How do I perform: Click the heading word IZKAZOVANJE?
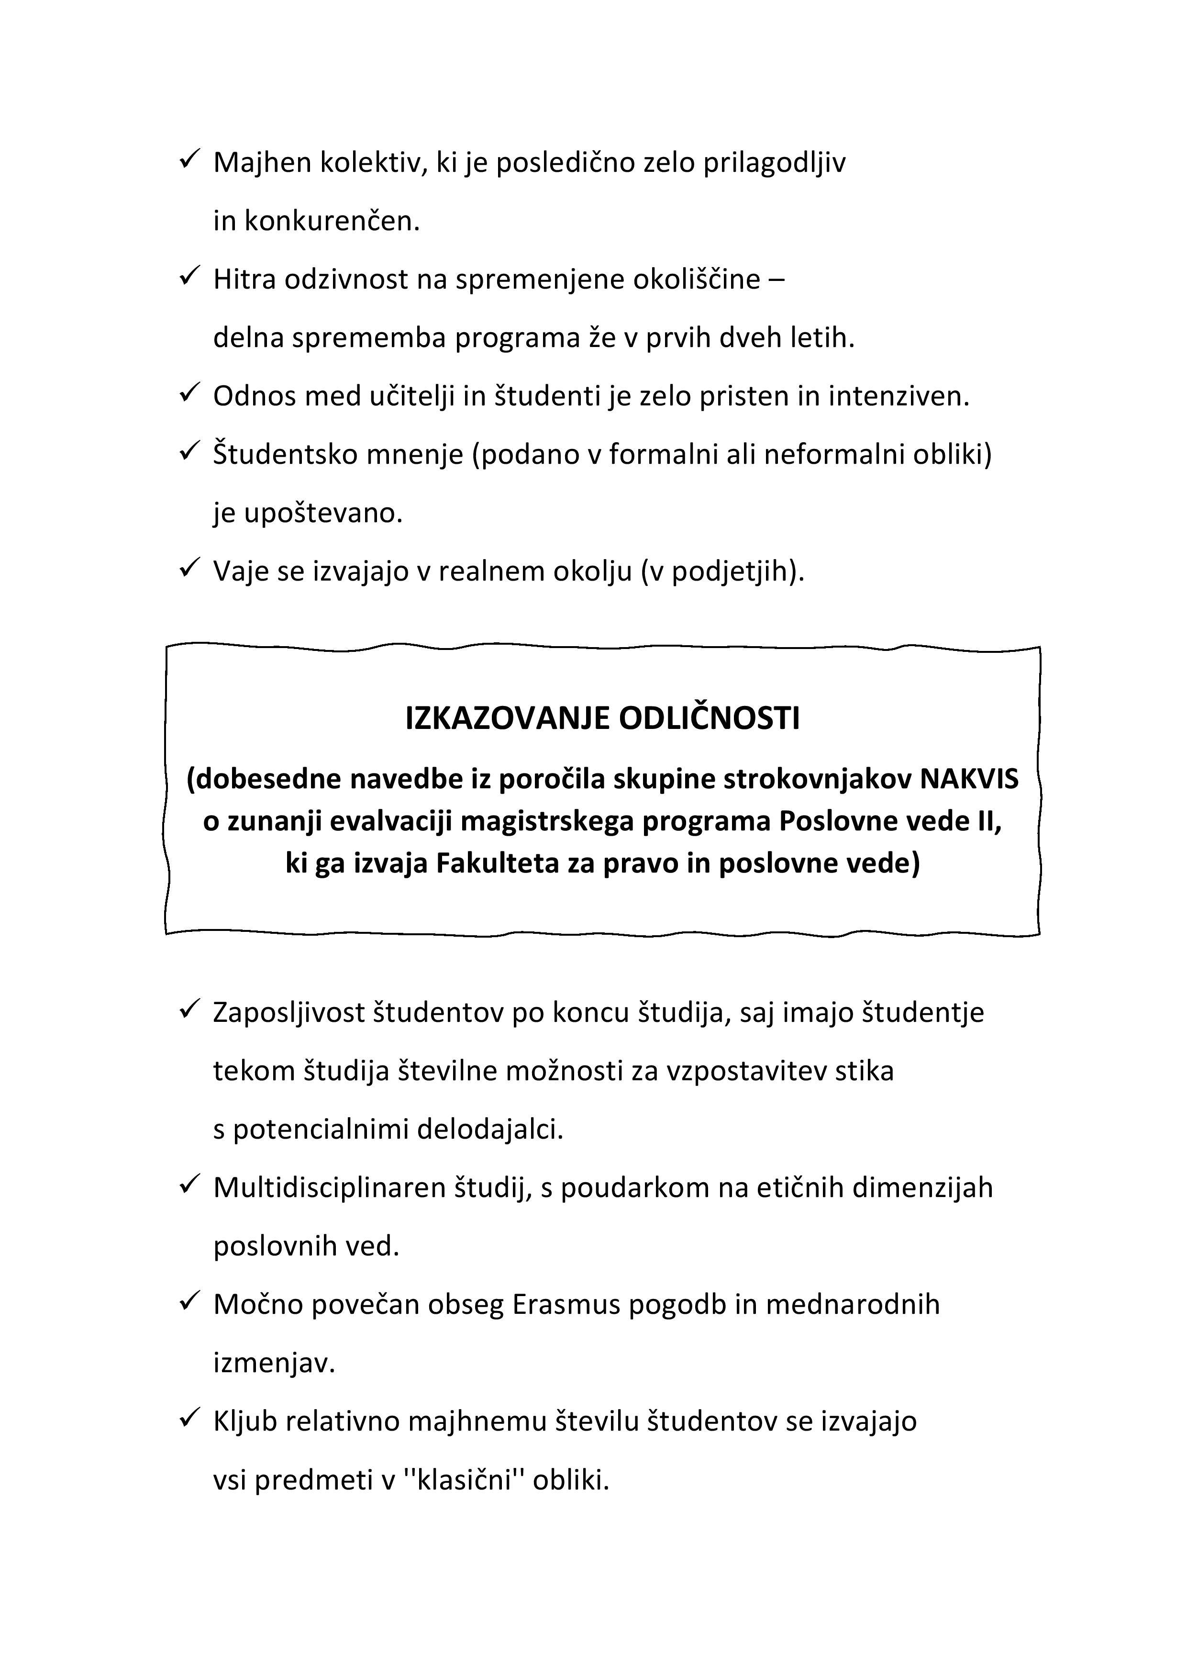click(x=507, y=719)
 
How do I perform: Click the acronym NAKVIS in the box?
click(x=968, y=780)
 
